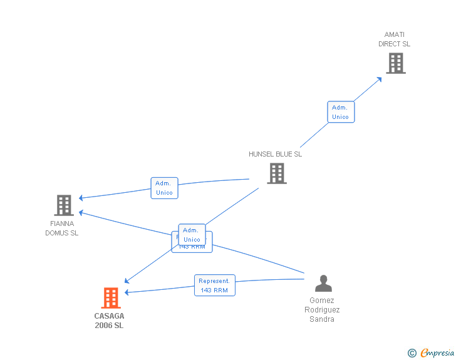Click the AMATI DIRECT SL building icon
point(395,63)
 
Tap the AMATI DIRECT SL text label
point(394,39)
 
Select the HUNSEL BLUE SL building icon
point(276,173)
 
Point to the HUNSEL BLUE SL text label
point(275,154)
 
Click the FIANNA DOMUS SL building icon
point(63,205)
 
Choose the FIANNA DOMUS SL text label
point(61,228)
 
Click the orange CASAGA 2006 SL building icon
point(111,298)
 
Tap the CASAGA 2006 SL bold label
point(109,321)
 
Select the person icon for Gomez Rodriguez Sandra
point(323,284)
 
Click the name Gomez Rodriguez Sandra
point(322,309)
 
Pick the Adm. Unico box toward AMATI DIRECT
point(340,112)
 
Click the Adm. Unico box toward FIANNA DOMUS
point(164,188)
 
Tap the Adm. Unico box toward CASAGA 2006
point(192,235)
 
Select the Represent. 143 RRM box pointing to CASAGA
point(214,285)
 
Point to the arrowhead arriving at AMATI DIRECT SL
point(380,79)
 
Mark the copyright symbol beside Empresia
point(412,354)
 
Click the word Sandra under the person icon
point(322,319)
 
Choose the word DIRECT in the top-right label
point(389,44)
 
